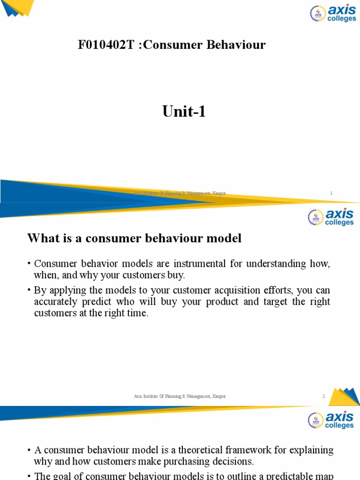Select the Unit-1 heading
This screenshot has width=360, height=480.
pos(184,112)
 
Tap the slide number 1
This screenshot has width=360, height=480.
pos(331,193)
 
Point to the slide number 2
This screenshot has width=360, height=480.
pos(323,397)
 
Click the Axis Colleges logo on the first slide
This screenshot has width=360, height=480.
pos(332,14)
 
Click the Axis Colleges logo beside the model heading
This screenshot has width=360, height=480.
pos(330,217)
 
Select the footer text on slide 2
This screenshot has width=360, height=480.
pos(180,397)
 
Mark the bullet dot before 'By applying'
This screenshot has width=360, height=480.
pos(29,291)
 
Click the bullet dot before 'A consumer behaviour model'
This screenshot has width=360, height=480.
pos(29,450)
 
